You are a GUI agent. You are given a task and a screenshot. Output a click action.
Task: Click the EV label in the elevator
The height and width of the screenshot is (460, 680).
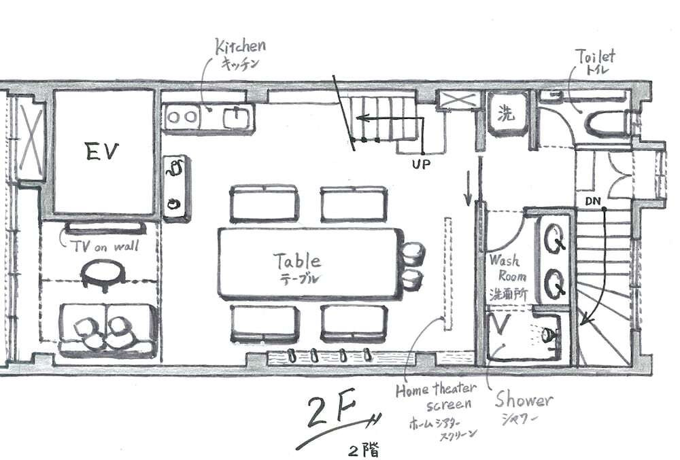pyautogui.click(x=102, y=152)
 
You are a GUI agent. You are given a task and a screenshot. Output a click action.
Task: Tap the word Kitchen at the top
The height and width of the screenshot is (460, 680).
pyautogui.click(x=241, y=47)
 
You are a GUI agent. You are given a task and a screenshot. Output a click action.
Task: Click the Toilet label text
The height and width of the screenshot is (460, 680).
pyautogui.click(x=595, y=57)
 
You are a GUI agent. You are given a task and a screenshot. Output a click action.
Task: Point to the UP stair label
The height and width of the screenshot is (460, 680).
pyautogui.click(x=421, y=164)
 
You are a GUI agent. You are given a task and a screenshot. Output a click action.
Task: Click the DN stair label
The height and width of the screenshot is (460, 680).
pyautogui.click(x=592, y=201)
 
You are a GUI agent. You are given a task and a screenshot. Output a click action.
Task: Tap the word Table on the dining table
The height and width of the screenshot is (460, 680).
pyautogui.click(x=298, y=261)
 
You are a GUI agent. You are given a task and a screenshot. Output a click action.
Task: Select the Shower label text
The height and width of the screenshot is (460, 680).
pyautogui.click(x=524, y=400)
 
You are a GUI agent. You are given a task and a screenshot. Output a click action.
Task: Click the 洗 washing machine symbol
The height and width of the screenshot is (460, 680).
pyautogui.click(x=506, y=113)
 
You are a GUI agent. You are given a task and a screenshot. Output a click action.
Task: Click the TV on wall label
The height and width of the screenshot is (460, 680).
pyautogui.click(x=105, y=247)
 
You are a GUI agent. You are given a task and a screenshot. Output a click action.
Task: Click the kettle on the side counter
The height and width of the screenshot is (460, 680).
pyautogui.click(x=175, y=168)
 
